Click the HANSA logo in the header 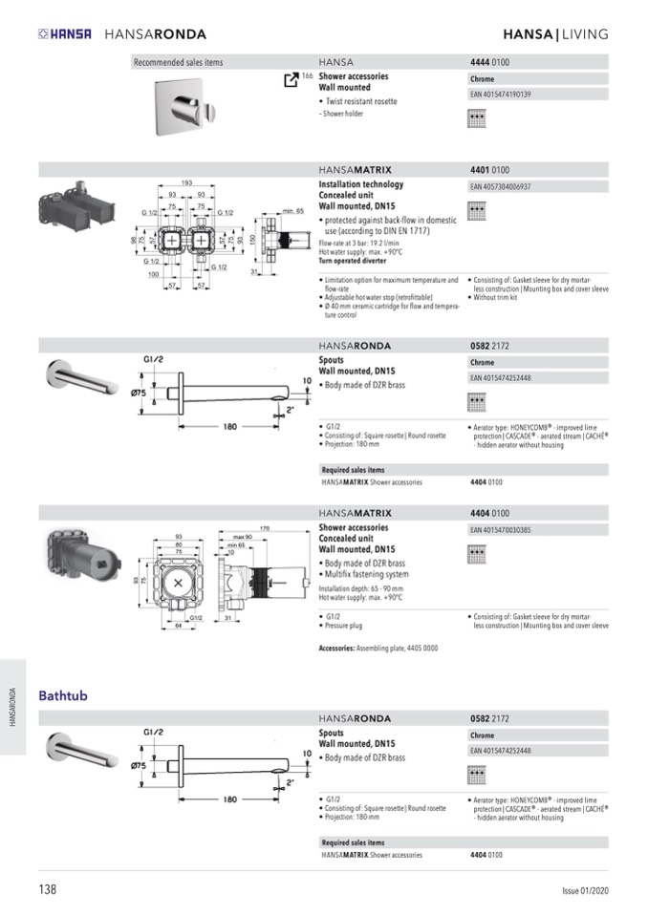pyautogui.click(x=65, y=34)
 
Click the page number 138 pyautogui.click(x=48, y=889)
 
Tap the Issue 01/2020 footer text pyautogui.click(x=584, y=890)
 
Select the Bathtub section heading pyautogui.click(x=63, y=695)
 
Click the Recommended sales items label pyautogui.click(x=179, y=62)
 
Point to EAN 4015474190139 pyautogui.click(x=501, y=95)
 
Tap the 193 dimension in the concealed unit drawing pyautogui.click(x=187, y=182)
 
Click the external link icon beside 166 pyautogui.click(x=292, y=79)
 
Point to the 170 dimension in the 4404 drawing pyautogui.click(x=265, y=527)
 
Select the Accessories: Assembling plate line pyautogui.click(x=378, y=649)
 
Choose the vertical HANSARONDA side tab pyautogui.click(x=12, y=707)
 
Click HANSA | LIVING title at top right pyautogui.click(x=555, y=34)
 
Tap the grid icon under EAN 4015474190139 pyautogui.click(x=477, y=118)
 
